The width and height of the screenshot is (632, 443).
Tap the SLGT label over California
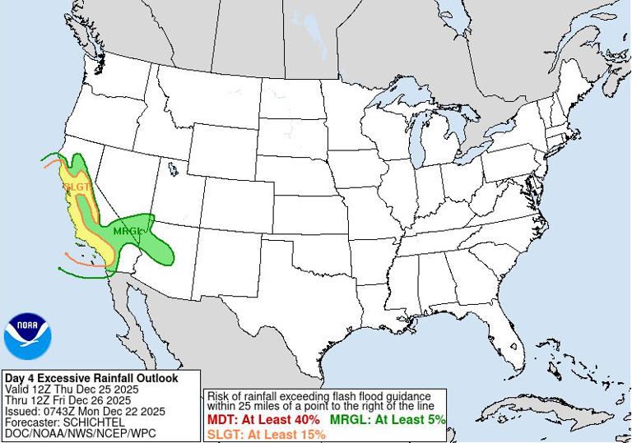76,187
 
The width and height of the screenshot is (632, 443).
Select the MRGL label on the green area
128,231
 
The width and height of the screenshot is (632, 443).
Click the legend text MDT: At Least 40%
263,420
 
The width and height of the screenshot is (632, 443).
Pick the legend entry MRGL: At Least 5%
388,420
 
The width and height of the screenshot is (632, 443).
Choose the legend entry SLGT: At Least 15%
266,434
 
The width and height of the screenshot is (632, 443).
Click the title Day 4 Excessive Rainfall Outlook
91,378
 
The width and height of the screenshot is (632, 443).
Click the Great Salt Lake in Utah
173,169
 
